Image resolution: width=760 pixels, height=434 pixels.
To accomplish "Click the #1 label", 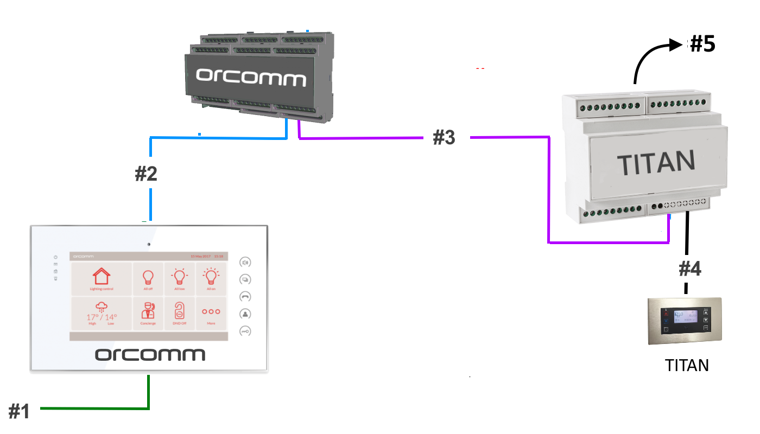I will [x=19, y=412].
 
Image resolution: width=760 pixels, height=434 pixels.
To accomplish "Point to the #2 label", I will [x=146, y=174].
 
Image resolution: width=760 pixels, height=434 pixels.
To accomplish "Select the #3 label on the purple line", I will [x=444, y=138].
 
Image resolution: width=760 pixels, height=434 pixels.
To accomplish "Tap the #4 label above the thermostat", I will [x=690, y=269].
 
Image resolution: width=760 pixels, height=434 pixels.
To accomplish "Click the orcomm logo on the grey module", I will [x=251, y=78].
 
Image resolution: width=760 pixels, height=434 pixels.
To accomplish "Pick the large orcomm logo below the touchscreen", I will [x=150, y=355].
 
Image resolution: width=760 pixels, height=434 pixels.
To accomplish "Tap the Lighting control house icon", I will [x=102, y=278].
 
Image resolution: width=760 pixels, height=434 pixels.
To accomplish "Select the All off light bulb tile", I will [x=148, y=279].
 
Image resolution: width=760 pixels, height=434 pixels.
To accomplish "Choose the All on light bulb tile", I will [x=211, y=279].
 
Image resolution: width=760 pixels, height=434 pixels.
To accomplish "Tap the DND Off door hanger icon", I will [x=180, y=312].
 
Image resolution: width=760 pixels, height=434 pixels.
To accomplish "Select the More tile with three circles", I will [x=211, y=313].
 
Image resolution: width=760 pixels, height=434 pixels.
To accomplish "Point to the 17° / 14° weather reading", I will [x=102, y=317].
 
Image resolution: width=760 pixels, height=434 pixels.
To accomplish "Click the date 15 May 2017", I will [x=200, y=256].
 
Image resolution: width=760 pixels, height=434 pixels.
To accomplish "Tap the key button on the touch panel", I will [x=245, y=331].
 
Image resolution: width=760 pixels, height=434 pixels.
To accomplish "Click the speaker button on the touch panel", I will [x=245, y=263].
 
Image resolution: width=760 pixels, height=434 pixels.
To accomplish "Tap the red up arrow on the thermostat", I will [x=666, y=313].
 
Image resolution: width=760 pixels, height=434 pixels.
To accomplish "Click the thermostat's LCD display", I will [x=686, y=316].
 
